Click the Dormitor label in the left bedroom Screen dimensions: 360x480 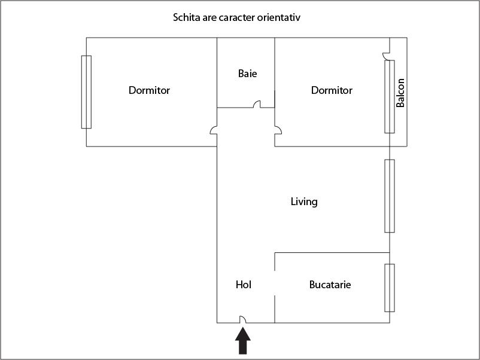click(149, 90)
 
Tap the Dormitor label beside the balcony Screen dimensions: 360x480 click(332, 90)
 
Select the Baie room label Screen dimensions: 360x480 click(247, 74)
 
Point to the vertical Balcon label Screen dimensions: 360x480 click(400, 93)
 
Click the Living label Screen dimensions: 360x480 click(304, 202)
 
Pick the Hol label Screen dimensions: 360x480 click(244, 285)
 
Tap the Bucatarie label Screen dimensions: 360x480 click(330, 285)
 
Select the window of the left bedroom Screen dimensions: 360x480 click(86, 91)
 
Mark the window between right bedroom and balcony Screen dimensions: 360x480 click(390, 96)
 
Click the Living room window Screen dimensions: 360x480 click(390, 196)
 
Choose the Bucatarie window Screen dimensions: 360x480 click(390, 288)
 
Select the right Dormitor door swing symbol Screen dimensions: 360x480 click(278, 130)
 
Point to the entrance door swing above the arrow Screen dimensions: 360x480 click(243, 320)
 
